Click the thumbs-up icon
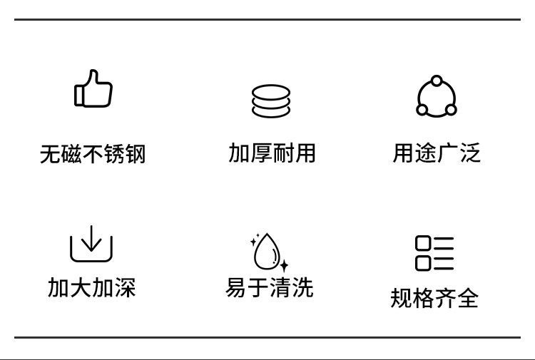[x=93, y=89]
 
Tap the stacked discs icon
[x=271, y=101]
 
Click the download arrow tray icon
[x=91, y=244]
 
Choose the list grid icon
[x=434, y=253]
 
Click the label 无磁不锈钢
[x=93, y=154]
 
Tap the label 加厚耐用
[x=272, y=153]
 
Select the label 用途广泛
[x=437, y=153]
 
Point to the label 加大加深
[x=91, y=287]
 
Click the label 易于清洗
[x=270, y=287]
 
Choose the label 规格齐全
[x=434, y=297]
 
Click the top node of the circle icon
[x=437, y=80]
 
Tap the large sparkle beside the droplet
[x=284, y=266]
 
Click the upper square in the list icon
[x=423, y=243]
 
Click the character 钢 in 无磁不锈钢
[x=136, y=154]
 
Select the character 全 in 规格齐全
[x=468, y=297]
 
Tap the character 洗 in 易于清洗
[x=302, y=287]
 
